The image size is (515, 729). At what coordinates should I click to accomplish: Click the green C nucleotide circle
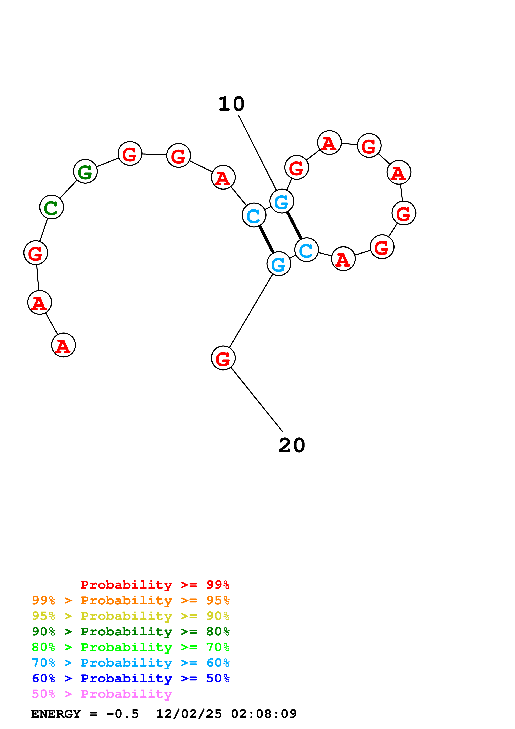pos(51,207)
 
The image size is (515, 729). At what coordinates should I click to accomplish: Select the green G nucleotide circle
pos(85,171)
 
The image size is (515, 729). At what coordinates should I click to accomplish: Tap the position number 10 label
pos(231,104)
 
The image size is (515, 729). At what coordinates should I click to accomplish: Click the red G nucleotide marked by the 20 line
pos(223,358)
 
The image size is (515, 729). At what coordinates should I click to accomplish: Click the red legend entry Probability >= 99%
pos(155,585)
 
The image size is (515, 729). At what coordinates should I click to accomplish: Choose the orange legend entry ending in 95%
pos(130,600)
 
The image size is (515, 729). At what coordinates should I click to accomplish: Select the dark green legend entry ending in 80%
pos(130,632)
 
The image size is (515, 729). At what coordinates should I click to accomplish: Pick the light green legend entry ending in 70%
pos(130,647)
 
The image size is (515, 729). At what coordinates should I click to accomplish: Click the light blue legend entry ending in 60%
pos(130,663)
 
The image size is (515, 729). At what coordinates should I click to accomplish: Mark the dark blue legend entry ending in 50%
pos(130,678)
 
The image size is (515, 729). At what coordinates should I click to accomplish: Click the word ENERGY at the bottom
pos(56,714)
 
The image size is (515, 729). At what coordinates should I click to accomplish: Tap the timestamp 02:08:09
pos(264,714)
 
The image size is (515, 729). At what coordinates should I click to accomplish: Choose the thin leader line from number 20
pos(257,400)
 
